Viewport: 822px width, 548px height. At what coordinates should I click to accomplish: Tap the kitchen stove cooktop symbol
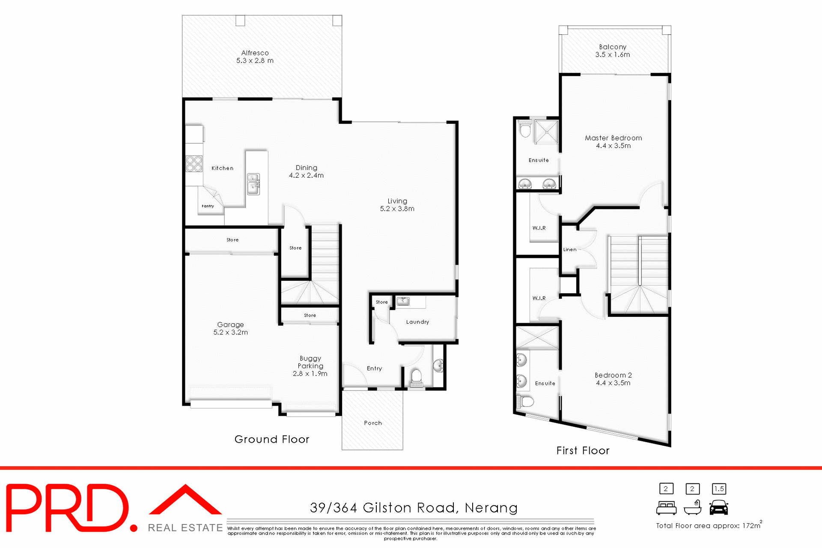194,164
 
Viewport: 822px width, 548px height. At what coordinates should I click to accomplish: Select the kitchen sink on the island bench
253,184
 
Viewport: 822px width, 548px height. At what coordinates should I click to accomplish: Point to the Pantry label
208,206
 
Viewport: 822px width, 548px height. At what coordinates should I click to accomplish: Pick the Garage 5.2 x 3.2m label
230,328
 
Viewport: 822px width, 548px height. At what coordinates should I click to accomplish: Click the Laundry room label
417,322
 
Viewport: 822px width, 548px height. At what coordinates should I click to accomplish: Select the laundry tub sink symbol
403,301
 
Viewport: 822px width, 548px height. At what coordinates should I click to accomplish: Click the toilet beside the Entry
416,378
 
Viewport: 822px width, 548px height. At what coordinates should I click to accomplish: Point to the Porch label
373,423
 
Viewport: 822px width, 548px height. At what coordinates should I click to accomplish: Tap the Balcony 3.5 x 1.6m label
613,51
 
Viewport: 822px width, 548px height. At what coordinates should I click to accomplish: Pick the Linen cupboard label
570,250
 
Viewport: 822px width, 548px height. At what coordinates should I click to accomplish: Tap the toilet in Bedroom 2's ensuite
526,402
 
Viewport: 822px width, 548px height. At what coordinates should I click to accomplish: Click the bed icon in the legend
666,508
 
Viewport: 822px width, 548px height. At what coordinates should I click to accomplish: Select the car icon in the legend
719,508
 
